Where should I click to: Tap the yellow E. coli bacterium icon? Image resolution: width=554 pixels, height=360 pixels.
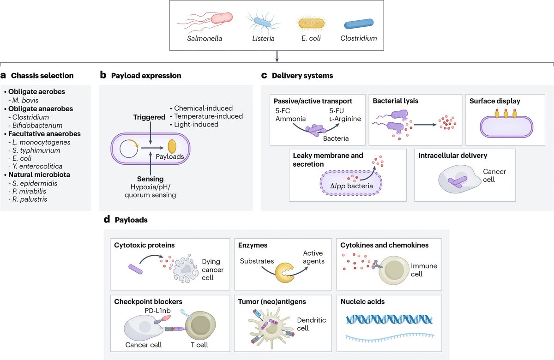pyautogui.click(x=311, y=24)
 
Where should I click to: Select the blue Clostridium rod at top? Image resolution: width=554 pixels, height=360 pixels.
pyautogui.click(x=359, y=24)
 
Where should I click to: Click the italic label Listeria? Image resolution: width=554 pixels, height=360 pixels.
pyautogui.click(x=263, y=38)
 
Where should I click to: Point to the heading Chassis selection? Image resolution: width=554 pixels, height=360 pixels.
pyautogui.click(x=42, y=75)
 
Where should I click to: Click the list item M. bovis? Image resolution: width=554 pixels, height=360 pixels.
pyautogui.click(x=25, y=100)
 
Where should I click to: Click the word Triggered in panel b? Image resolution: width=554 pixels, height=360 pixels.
pyautogui.click(x=149, y=117)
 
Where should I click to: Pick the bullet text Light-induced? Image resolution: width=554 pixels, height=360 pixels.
pyautogui.click(x=196, y=124)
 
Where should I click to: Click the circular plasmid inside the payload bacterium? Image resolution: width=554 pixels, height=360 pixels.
pyautogui.click(x=129, y=149)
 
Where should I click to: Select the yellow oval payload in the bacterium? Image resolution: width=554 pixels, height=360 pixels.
pyautogui.click(x=172, y=146)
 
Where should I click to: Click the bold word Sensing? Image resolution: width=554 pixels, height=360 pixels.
pyautogui.click(x=150, y=179)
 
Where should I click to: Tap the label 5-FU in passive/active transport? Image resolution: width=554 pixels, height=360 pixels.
pyautogui.click(x=337, y=110)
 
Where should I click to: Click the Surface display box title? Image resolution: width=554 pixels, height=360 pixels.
pyautogui.click(x=494, y=101)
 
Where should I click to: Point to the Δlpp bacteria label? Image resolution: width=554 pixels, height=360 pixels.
pyautogui.click(x=351, y=186)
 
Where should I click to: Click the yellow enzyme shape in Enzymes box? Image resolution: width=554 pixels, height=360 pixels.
pyautogui.click(x=285, y=273)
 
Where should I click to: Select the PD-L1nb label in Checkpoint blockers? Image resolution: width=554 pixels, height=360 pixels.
pyautogui.click(x=157, y=311)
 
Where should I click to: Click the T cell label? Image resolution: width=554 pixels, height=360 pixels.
pyautogui.click(x=199, y=345)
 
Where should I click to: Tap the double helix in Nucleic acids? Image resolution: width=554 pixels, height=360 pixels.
pyautogui.click(x=389, y=319)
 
